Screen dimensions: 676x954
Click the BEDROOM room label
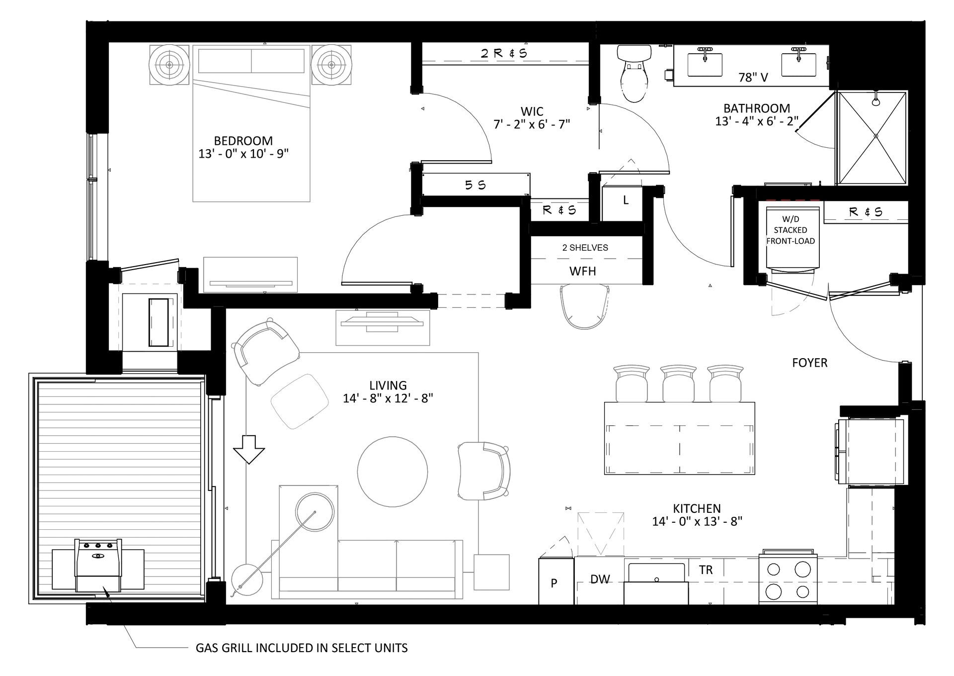[243, 141]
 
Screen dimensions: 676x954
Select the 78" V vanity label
[753, 77]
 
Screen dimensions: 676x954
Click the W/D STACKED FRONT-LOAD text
[790, 230]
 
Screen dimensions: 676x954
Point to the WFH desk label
[582, 271]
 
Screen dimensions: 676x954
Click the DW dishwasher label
[600, 579]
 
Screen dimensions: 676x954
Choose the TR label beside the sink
[706, 570]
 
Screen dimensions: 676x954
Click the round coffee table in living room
[393, 472]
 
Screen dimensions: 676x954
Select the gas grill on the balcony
[98, 564]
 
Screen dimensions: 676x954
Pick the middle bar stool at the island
[678, 384]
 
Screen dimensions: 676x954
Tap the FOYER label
[809, 363]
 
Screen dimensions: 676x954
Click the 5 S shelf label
[475, 185]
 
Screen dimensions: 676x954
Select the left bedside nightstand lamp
[169, 65]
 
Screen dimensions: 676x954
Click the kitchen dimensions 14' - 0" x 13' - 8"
[697, 521]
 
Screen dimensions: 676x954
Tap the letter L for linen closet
[626, 200]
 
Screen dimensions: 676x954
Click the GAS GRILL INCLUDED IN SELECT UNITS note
[302, 648]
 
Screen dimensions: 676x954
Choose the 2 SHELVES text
[585, 248]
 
